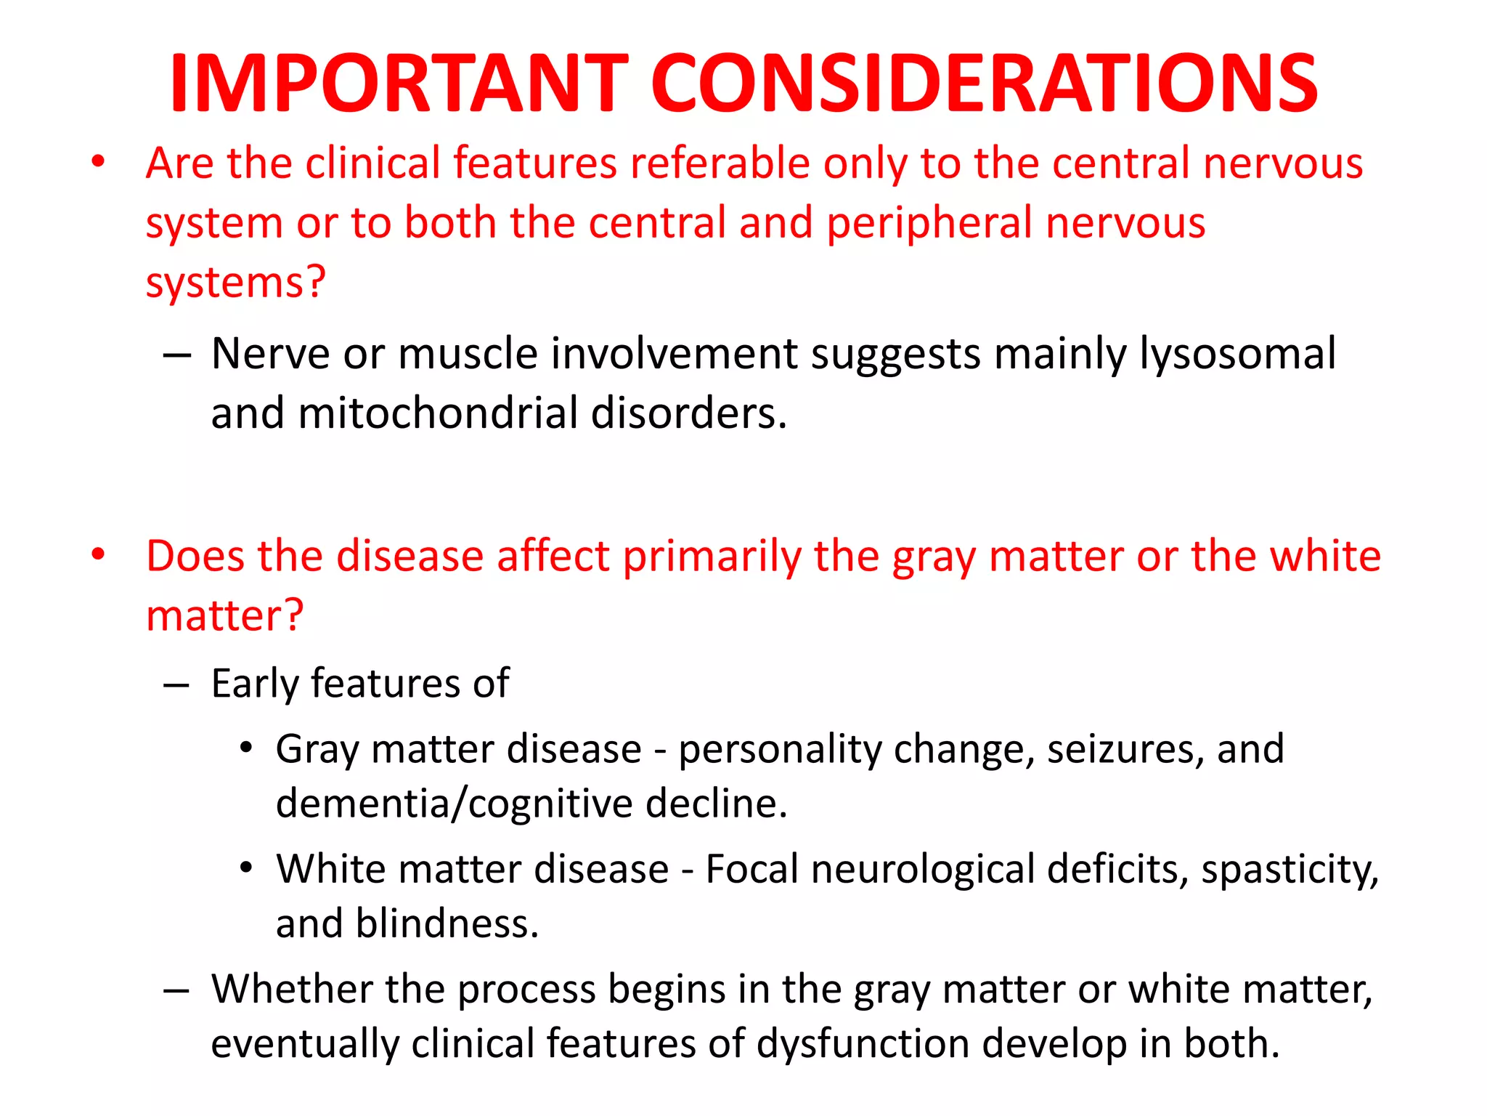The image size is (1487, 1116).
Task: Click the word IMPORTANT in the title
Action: [x=399, y=84]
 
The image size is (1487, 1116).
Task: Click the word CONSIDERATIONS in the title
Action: [x=984, y=84]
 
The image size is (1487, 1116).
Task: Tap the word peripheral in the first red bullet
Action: [x=929, y=223]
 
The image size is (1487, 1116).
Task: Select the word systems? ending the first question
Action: [x=236, y=283]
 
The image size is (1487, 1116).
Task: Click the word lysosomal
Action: [x=1237, y=355]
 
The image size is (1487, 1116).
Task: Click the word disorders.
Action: [x=689, y=413]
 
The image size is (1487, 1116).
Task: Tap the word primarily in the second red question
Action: [x=712, y=557]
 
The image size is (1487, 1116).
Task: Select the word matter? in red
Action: [x=224, y=616]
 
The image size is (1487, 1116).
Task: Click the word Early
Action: [x=254, y=684]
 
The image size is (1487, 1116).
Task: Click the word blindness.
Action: [x=447, y=924]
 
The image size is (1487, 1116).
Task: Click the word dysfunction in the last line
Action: [x=863, y=1044]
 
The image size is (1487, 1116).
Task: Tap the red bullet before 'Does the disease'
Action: [x=98, y=555]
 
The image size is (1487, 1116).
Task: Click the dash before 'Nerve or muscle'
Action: [x=177, y=355]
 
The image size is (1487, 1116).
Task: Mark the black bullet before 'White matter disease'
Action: [x=247, y=868]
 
